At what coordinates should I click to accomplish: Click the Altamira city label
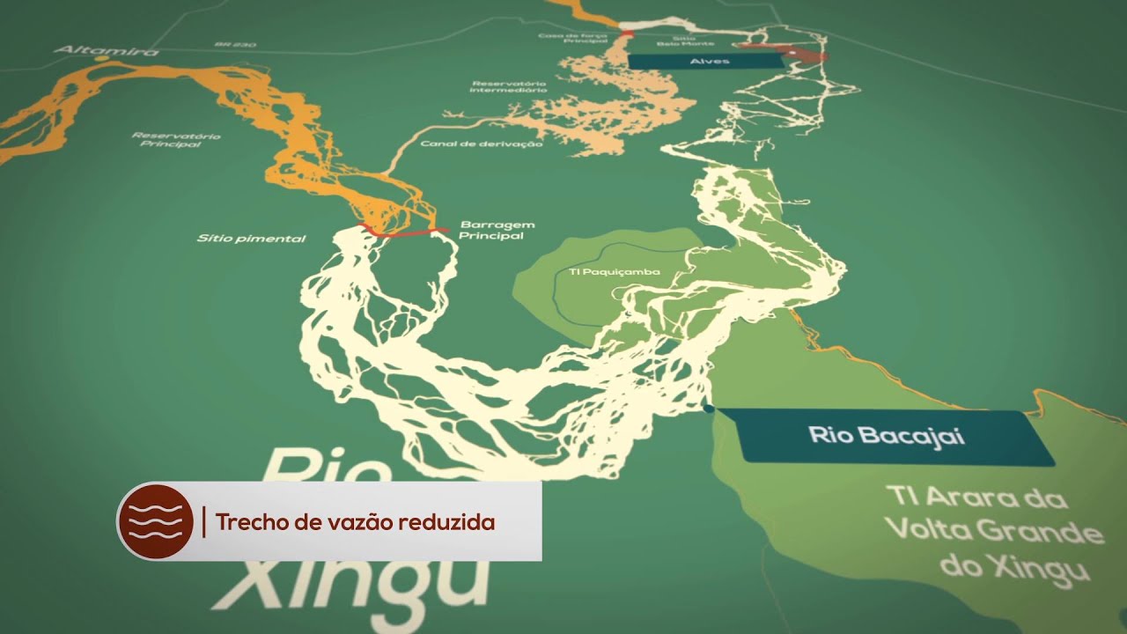pyautogui.click(x=107, y=52)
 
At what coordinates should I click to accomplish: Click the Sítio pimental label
pyautogui.click(x=251, y=239)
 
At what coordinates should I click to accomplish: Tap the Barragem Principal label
pyautogui.click(x=491, y=230)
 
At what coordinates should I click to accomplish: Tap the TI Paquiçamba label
pyautogui.click(x=614, y=272)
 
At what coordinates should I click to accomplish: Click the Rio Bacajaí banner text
pyautogui.click(x=887, y=435)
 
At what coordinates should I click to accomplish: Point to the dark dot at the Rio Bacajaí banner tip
pyautogui.click(x=709, y=409)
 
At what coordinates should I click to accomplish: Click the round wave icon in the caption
pyautogui.click(x=156, y=521)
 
